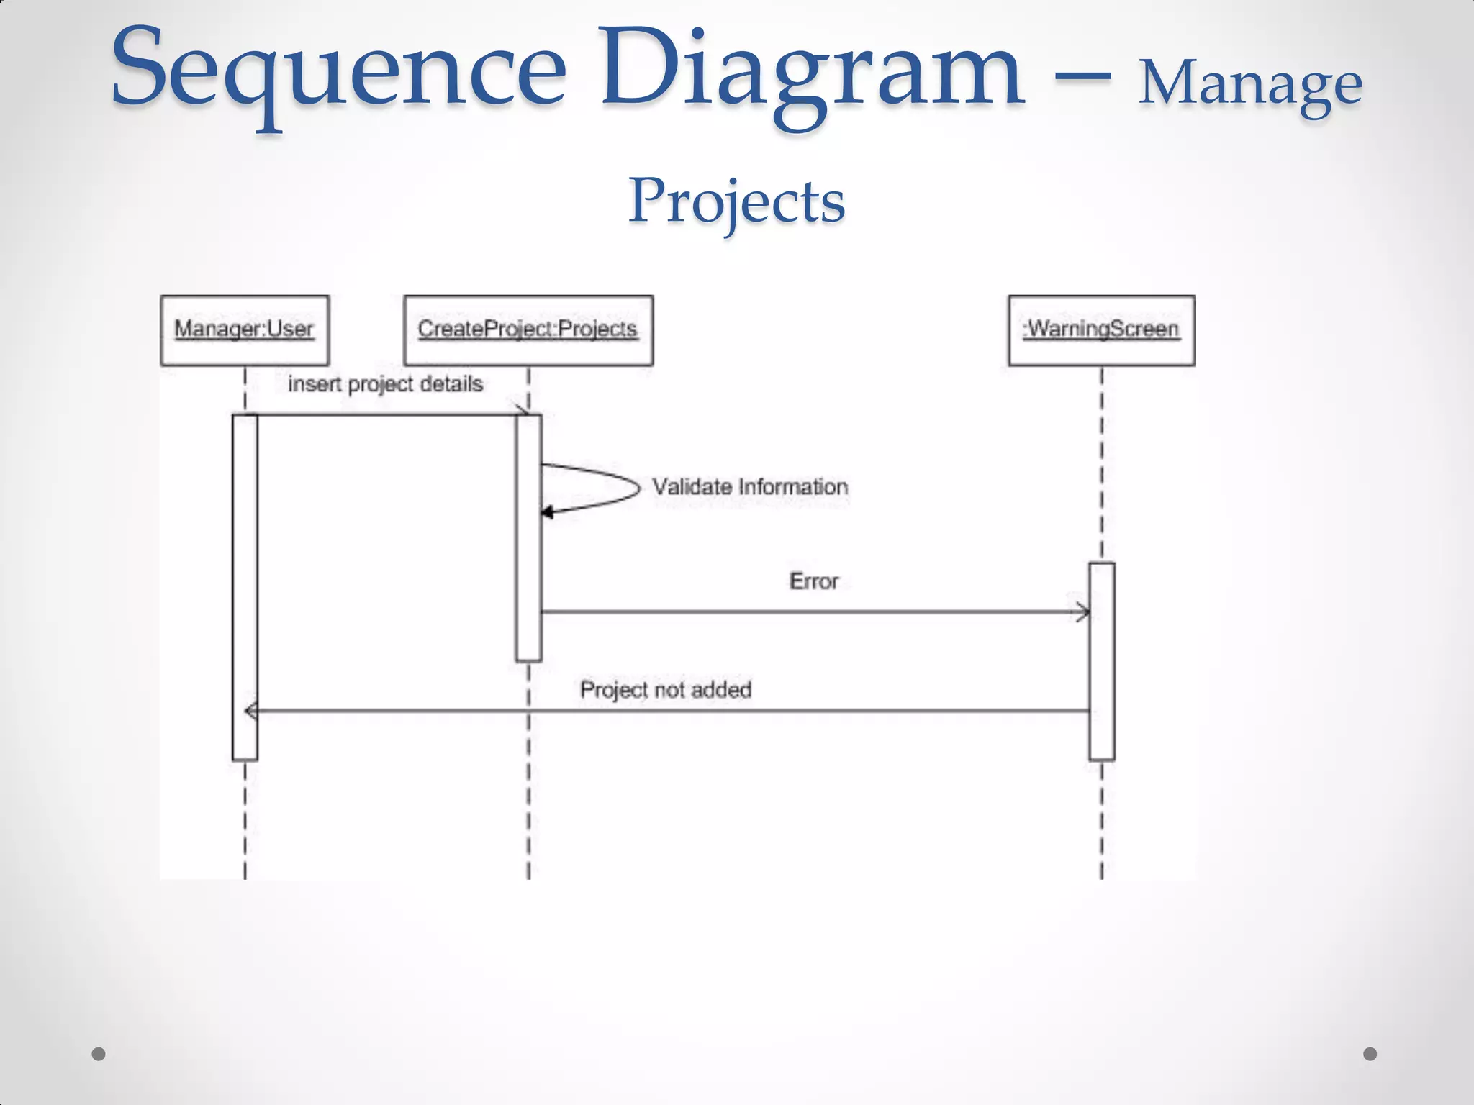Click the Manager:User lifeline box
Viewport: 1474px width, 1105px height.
click(x=245, y=330)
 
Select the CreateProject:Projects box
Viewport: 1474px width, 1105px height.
click(x=528, y=330)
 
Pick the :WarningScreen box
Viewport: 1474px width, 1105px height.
click(x=1101, y=330)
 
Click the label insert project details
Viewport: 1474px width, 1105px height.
click(x=385, y=384)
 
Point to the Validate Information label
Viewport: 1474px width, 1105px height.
click(x=750, y=487)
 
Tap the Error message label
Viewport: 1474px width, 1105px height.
click(x=814, y=581)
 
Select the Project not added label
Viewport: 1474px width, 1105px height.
click(x=666, y=690)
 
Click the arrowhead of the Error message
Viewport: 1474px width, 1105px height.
click(x=1083, y=613)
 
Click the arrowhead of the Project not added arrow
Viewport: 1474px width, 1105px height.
click(x=251, y=711)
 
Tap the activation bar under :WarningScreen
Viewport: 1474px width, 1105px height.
click(x=1101, y=662)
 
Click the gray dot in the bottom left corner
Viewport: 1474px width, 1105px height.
click(x=99, y=1054)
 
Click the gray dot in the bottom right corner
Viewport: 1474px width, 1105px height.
click(x=1370, y=1054)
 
